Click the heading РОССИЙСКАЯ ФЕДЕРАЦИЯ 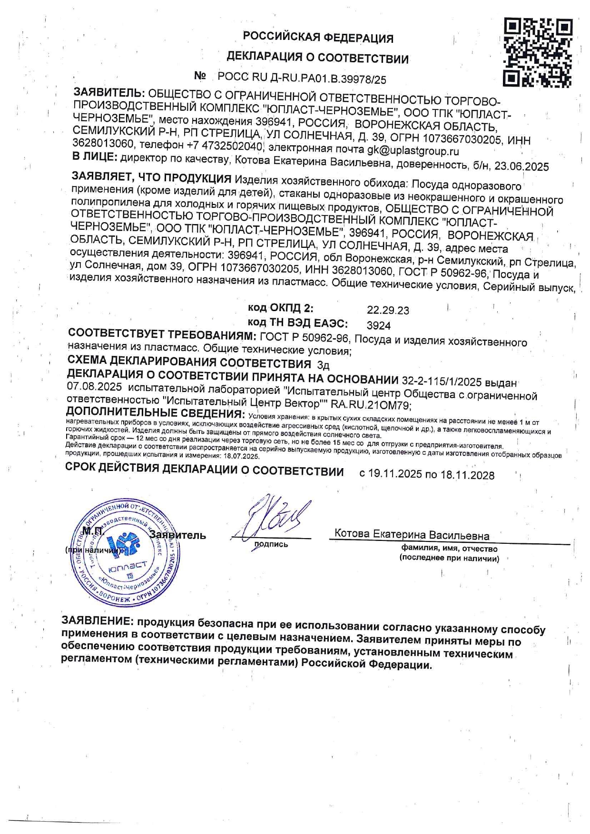(x=318, y=37)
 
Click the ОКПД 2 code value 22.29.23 (x=388, y=310)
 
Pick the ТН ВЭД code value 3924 (x=379, y=325)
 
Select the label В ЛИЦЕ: (x=94, y=157)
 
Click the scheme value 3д (x=323, y=365)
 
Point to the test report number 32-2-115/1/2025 (x=442, y=381)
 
